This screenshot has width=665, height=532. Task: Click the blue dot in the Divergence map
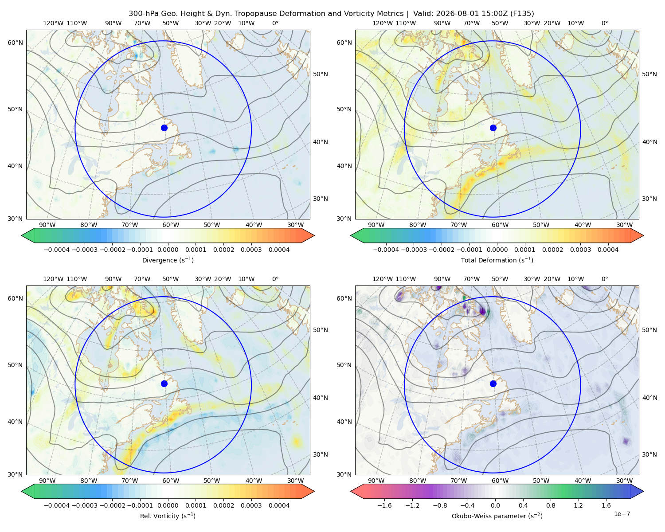pyautogui.click(x=164, y=128)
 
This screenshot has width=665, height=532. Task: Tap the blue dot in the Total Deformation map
pyautogui.click(x=493, y=128)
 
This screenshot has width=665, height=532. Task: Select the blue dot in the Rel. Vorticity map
pyautogui.click(x=164, y=383)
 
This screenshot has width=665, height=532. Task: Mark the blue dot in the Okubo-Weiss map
pyautogui.click(x=493, y=383)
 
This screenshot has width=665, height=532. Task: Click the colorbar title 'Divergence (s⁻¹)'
pyautogui.click(x=168, y=260)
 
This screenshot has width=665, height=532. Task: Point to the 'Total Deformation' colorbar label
pyautogui.click(x=489, y=260)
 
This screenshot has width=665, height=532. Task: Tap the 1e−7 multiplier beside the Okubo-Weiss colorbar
pyautogui.click(x=622, y=514)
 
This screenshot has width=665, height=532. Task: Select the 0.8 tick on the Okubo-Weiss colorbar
pyautogui.click(x=551, y=505)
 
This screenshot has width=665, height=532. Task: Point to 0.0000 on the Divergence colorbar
pyautogui.click(x=168, y=250)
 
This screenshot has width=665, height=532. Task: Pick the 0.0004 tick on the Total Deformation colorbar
pyautogui.click(x=608, y=250)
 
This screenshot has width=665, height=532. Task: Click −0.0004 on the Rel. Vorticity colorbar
pyautogui.click(x=57, y=505)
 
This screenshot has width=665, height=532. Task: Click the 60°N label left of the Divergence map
pyautogui.click(x=15, y=43)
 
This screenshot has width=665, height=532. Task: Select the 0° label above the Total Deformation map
pyautogui.click(x=604, y=23)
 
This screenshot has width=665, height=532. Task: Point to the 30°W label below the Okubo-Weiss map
pyautogui.click(x=624, y=481)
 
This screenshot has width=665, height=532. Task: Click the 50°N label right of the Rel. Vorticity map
pyautogui.click(x=321, y=330)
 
